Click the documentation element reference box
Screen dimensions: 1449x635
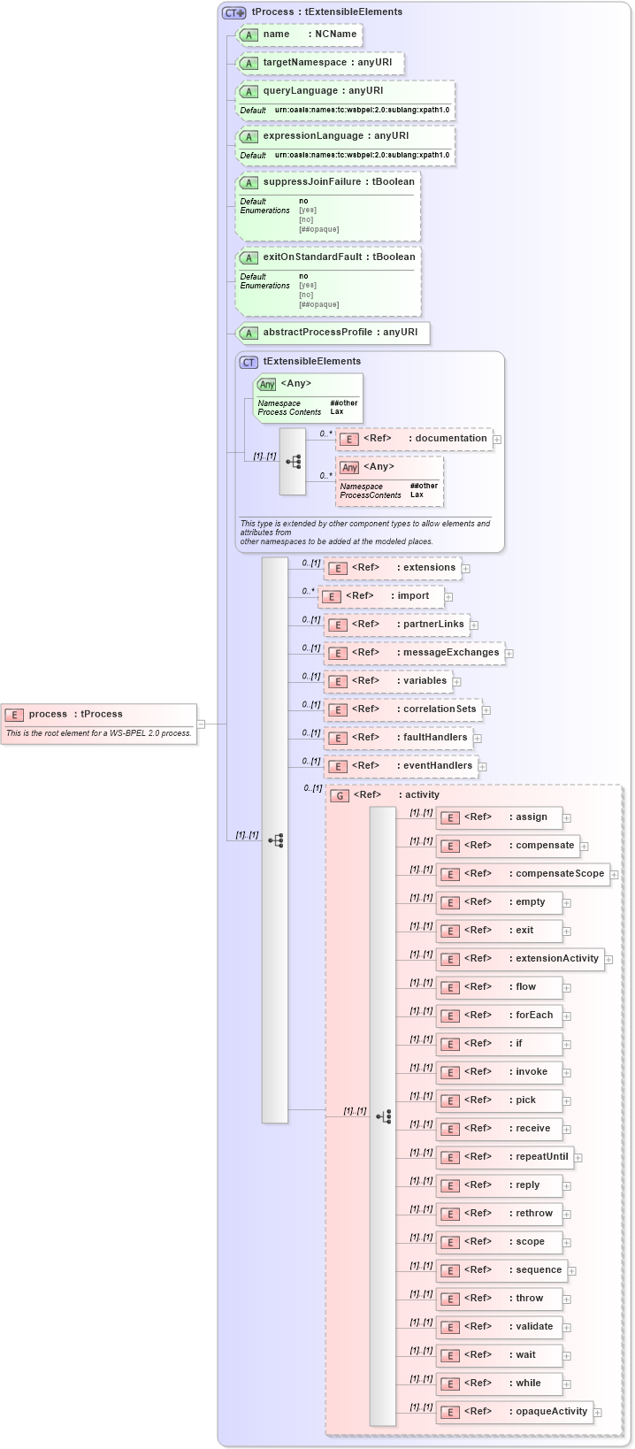(x=414, y=439)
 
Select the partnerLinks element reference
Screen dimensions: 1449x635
(x=397, y=625)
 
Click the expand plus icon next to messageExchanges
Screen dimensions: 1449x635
(x=509, y=654)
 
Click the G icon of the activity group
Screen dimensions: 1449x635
(x=339, y=795)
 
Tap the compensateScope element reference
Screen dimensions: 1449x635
(x=523, y=874)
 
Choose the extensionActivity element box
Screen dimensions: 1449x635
(x=520, y=959)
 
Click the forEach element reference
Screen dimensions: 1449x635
(x=499, y=1016)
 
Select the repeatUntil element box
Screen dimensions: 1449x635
(x=504, y=1157)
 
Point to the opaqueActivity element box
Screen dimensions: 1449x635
(x=514, y=1412)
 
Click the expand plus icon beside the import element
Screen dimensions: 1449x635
(x=448, y=597)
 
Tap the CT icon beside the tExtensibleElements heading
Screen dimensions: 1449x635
(x=249, y=362)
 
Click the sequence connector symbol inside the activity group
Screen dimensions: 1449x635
(x=383, y=1117)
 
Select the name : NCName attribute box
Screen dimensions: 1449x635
(x=300, y=34)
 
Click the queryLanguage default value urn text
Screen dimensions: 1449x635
(x=362, y=111)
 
